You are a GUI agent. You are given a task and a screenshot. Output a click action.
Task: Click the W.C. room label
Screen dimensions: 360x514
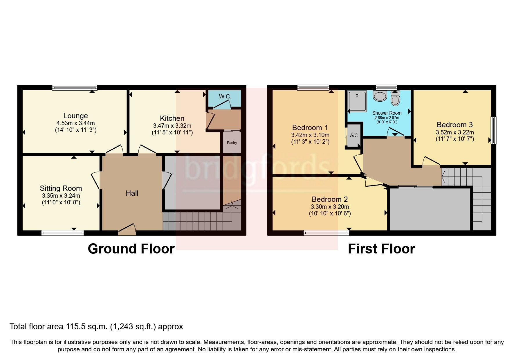225,96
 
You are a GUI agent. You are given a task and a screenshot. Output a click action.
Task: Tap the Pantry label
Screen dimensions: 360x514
232,143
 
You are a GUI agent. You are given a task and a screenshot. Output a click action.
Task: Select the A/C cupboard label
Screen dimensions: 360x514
354,135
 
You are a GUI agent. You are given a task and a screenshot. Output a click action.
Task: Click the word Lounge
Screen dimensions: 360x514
75,116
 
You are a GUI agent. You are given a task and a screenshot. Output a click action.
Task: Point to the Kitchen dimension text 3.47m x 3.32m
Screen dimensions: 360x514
172,126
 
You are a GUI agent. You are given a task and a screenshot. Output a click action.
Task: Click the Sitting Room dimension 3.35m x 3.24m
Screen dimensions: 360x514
61,196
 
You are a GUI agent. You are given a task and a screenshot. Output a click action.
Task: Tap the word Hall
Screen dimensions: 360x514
132,193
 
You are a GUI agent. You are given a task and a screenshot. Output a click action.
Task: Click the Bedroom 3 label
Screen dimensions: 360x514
455,125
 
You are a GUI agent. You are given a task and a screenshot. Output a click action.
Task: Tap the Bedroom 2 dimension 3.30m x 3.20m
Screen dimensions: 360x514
330,207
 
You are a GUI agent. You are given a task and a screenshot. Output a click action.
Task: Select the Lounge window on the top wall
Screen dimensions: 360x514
75,87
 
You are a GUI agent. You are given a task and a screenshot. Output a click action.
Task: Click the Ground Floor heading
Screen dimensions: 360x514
131,249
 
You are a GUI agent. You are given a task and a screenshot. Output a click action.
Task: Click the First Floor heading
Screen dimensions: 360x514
381,249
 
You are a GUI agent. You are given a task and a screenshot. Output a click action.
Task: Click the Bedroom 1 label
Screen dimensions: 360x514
310,127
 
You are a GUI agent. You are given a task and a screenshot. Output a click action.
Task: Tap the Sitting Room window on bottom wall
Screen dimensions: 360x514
62,233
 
